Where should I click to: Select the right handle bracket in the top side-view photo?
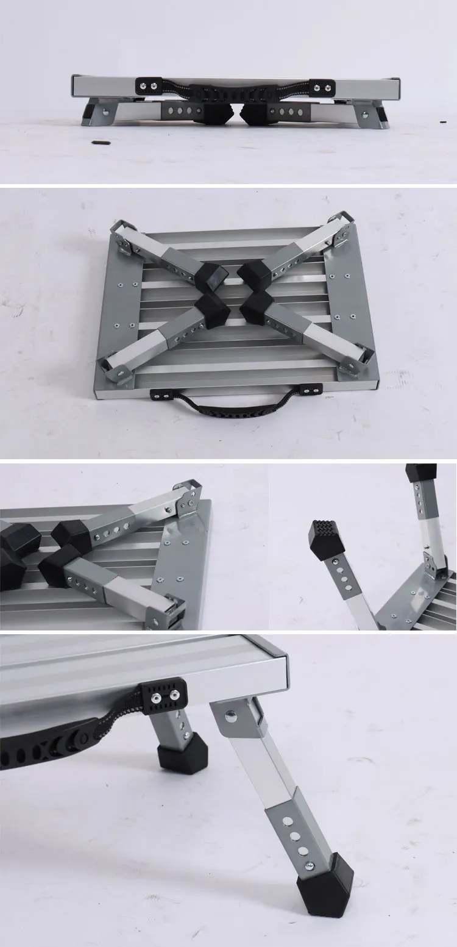pos(321,87)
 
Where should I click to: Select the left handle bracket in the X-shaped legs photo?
pos(162,393)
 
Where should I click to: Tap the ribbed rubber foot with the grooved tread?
pos(327,536)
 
